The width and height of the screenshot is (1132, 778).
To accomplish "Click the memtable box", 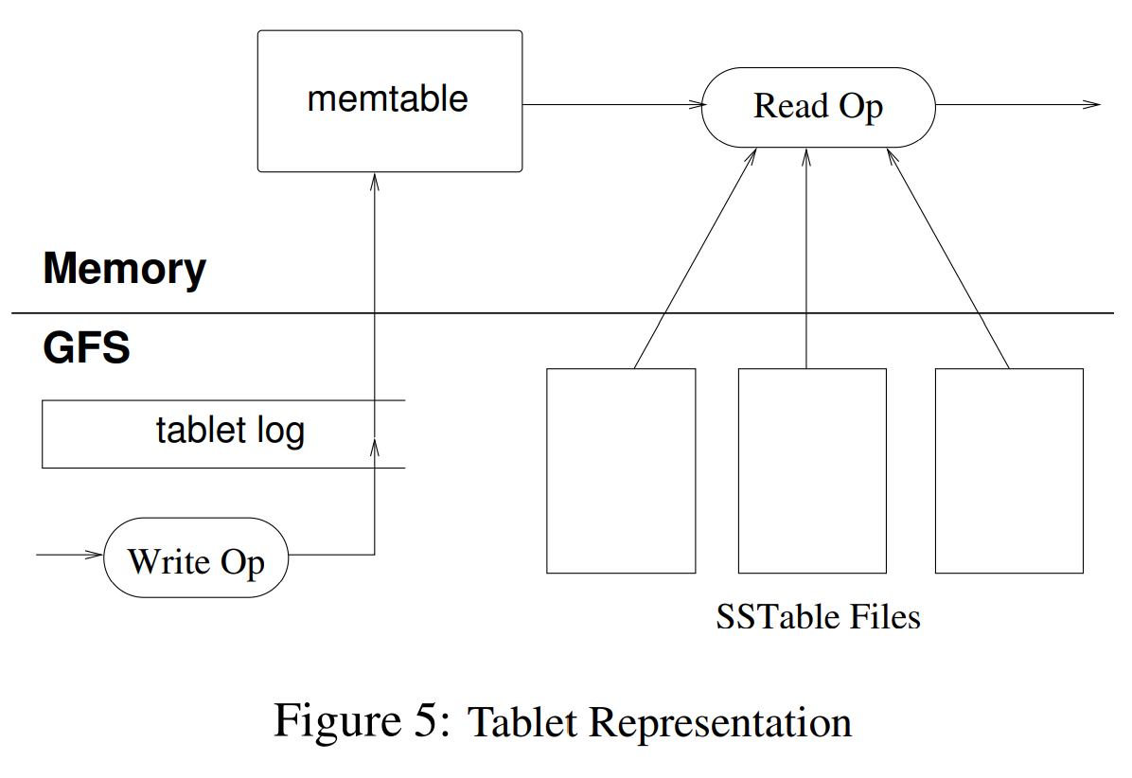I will [x=389, y=100].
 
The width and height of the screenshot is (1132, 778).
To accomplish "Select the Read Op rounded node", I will [x=818, y=106].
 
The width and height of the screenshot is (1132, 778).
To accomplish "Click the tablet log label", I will [x=230, y=432].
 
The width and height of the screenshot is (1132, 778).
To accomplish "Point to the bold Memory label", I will [x=124, y=270].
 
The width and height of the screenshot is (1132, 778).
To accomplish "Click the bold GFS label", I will [x=86, y=349].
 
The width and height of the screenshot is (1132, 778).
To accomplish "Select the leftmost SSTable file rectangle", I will [x=621, y=470].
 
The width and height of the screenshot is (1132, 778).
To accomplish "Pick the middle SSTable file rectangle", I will [x=812, y=470].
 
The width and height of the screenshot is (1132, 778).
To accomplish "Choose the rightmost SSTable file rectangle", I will [x=1009, y=470].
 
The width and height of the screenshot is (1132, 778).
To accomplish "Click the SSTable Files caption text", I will [x=818, y=617].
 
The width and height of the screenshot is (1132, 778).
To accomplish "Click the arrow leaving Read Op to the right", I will [x=1017, y=104].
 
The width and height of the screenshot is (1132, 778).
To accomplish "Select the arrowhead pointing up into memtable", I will [x=375, y=181].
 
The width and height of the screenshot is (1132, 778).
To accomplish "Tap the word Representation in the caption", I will [x=720, y=723].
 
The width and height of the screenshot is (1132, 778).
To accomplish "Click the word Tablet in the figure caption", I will [x=522, y=723].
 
